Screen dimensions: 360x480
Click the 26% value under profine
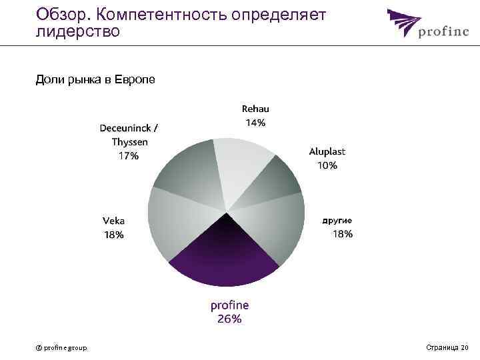click(229, 319)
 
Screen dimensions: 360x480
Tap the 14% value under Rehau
click(255, 123)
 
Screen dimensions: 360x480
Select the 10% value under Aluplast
click(327, 165)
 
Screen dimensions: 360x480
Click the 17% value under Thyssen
click(129, 155)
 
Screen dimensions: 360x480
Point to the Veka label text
click(113, 221)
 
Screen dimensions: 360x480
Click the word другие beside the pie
click(337, 220)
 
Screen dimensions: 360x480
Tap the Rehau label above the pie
click(255, 109)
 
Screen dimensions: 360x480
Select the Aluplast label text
click(327, 151)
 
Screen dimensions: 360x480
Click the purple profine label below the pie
click(229, 305)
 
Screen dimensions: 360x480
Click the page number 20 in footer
click(464, 347)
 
